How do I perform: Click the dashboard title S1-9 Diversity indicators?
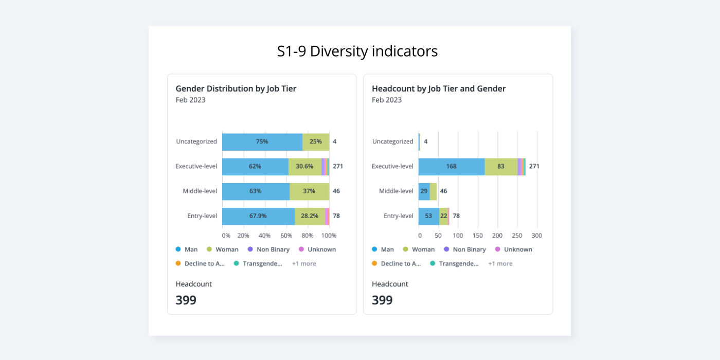[x=357, y=51]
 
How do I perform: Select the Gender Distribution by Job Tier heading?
[x=236, y=88]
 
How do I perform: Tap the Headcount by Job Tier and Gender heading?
[x=439, y=88]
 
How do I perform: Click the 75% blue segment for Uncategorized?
[x=262, y=141]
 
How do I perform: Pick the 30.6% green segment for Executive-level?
[x=304, y=166]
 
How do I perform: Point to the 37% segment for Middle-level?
[x=309, y=191]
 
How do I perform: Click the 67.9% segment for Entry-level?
[x=258, y=216]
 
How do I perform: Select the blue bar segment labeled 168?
[x=452, y=166]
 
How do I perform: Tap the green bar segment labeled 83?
[x=501, y=166]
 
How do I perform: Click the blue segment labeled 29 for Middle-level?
[x=424, y=191]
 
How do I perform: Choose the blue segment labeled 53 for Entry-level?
[x=428, y=216]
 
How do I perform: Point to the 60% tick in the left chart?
[x=286, y=236]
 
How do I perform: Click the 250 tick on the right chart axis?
[x=517, y=236]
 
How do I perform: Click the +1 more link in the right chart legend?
[x=500, y=263]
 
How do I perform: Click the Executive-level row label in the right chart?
[x=393, y=166]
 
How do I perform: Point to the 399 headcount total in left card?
[x=186, y=300]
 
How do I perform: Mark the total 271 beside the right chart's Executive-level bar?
[x=534, y=166]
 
